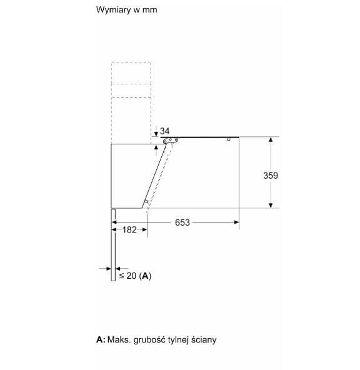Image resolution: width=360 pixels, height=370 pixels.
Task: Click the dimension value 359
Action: click(270, 176)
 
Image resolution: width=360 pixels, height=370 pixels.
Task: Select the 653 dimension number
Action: click(181, 222)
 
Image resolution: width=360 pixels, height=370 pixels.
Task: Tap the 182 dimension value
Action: click(129, 230)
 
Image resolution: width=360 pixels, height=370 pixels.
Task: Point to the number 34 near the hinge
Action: click(165, 131)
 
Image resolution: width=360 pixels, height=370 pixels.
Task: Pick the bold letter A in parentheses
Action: click(145, 276)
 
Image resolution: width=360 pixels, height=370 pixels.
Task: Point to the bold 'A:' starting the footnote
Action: click(100, 340)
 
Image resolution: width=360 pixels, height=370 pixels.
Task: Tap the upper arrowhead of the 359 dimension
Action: click(271, 141)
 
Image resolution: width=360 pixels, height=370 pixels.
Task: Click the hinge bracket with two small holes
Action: click(167, 142)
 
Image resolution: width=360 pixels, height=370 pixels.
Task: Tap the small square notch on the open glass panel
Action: click(229, 139)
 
